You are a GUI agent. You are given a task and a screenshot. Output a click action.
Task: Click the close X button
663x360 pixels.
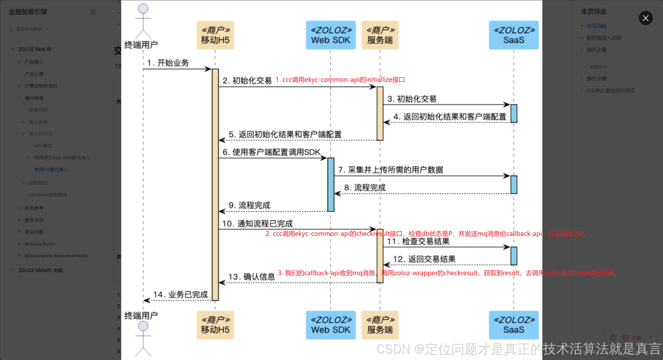tap(646, 18)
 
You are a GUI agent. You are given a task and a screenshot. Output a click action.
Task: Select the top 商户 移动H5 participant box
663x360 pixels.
tap(215, 35)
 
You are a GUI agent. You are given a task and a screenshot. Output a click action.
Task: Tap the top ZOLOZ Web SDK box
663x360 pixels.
tap(331, 35)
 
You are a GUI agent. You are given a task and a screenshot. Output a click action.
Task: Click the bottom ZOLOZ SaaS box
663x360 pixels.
tap(513, 325)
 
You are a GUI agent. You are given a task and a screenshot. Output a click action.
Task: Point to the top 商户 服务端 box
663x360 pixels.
tap(380, 35)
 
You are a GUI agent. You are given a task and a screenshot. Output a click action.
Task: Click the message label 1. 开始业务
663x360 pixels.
tap(168, 63)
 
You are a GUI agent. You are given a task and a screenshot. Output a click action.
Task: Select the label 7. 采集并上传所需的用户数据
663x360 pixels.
tap(390, 170)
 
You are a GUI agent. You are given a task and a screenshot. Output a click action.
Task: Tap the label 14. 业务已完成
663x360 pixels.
tap(180, 294)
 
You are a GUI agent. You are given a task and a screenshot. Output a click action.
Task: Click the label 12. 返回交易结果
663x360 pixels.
tap(424, 259)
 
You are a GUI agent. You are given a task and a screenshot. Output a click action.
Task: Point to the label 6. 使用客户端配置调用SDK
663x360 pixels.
tap(271, 152)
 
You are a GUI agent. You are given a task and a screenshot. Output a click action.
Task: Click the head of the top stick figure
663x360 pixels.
tap(143, 8)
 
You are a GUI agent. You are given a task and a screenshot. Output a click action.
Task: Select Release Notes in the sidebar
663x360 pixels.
tap(40, 244)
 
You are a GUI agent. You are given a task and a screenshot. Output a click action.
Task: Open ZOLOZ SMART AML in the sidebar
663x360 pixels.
tap(41, 270)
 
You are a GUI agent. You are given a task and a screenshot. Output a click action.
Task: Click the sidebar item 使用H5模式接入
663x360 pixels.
tap(51, 169)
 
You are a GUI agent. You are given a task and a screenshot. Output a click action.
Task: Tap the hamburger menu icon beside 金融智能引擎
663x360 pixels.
tap(93, 12)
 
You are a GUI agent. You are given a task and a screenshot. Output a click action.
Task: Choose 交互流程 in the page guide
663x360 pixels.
tap(597, 26)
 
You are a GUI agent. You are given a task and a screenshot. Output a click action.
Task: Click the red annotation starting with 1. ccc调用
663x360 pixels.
tap(340, 80)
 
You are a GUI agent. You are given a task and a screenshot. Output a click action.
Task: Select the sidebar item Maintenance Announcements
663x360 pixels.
tap(56, 256)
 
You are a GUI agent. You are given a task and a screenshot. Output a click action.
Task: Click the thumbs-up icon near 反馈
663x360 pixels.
tap(613, 338)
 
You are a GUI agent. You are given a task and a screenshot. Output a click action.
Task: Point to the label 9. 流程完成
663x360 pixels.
tap(249, 205)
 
